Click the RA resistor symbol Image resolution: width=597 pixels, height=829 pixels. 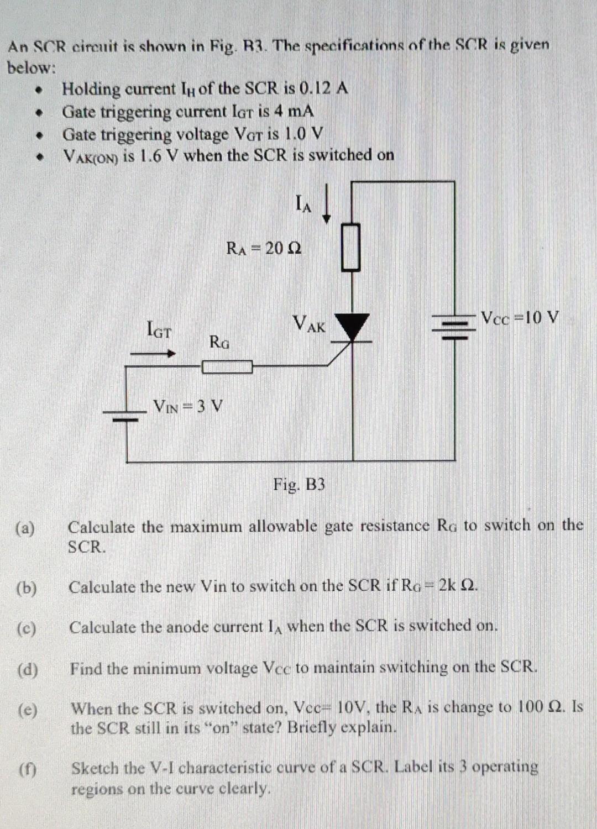(351, 246)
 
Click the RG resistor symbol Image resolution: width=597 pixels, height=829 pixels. (227, 366)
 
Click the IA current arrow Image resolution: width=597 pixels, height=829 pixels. (327, 205)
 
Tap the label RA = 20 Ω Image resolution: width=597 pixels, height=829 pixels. (264, 248)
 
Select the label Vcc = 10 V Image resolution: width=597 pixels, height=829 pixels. (520, 318)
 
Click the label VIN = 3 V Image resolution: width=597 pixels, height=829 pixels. (188, 406)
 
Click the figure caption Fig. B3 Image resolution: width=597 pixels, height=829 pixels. (299, 485)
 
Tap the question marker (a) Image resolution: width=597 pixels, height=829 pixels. (25, 528)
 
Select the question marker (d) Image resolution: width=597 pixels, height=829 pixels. (28, 670)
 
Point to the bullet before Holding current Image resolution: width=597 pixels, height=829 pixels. (39, 89)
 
